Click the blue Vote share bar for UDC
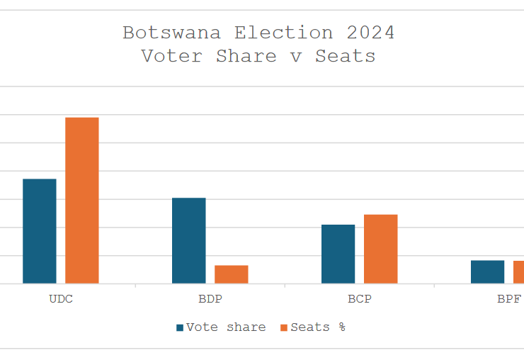pyautogui.click(x=40, y=231)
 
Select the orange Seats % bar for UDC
pyautogui.click(x=82, y=201)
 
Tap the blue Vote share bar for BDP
pyautogui.click(x=189, y=240)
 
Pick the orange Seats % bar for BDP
pyautogui.click(x=232, y=274)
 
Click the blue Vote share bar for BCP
pyautogui.click(x=338, y=254)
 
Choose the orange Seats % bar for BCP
pyautogui.click(x=381, y=249)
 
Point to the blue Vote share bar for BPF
pyautogui.click(x=487, y=272)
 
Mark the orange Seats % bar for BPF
pyautogui.click(x=519, y=272)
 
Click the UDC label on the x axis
pyautogui.click(x=61, y=299)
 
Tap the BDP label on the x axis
pyautogui.click(x=210, y=299)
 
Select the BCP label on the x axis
pyautogui.click(x=360, y=299)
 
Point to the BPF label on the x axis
pyautogui.click(x=509, y=299)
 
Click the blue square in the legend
pyautogui.click(x=180, y=327)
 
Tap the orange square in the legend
pyautogui.click(x=285, y=327)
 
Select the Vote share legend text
pyautogui.click(x=226, y=327)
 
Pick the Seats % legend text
pyautogui.click(x=318, y=327)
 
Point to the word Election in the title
pyautogui.click(x=284, y=33)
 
